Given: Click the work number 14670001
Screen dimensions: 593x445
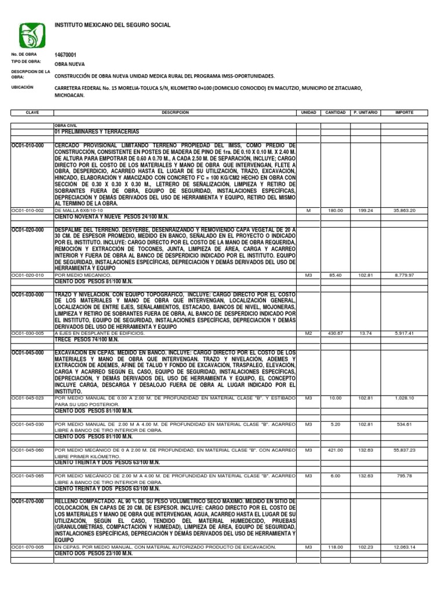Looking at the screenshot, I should click(x=65, y=54).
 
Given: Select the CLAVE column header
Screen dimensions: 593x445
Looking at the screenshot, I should click(x=32, y=112).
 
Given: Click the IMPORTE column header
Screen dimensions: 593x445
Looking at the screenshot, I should click(x=404, y=112).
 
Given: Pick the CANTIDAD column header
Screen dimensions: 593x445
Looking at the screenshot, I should click(x=335, y=112).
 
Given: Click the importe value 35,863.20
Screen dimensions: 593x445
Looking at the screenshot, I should click(x=404, y=211).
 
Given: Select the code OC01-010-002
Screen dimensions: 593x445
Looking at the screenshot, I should click(x=28, y=211).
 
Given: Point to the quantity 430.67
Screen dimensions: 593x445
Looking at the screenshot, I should click(x=335, y=334).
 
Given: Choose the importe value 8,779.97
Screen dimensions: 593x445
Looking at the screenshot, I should click(x=404, y=276).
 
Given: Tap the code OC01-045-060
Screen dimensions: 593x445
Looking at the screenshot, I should click(x=28, y=450).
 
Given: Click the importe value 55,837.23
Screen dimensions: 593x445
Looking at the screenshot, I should click(x=404, y=450).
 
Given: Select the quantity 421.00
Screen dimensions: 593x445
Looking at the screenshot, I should click(x=335, y=450).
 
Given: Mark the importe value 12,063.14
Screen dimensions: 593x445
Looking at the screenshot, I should click(x=404, y=547).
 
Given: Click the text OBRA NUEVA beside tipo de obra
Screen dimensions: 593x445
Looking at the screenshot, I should click(x=70, y=65).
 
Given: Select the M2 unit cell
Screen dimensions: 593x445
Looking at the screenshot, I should click(x=308, y=334).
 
